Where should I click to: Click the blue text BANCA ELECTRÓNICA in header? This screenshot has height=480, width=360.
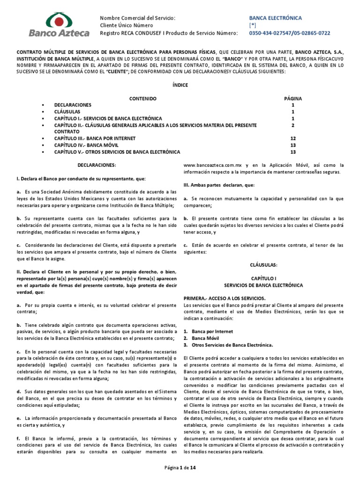pos(275,18)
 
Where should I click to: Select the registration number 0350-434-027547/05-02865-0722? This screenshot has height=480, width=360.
pos(289,33)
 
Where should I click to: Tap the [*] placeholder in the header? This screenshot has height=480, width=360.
pos(253,25)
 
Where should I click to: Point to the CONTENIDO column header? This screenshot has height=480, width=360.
pos(142,98)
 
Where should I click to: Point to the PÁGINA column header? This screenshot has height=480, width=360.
pos(293,98)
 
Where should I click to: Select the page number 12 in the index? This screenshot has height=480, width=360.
pos(293,139)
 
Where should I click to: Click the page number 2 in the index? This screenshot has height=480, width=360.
pos(293,126)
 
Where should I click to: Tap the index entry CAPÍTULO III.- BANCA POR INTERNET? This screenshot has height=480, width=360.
pos(95,139)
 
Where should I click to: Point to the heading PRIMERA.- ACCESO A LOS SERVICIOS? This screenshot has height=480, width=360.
pos(224,298)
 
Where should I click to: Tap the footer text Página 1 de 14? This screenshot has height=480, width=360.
pos(180,468)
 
